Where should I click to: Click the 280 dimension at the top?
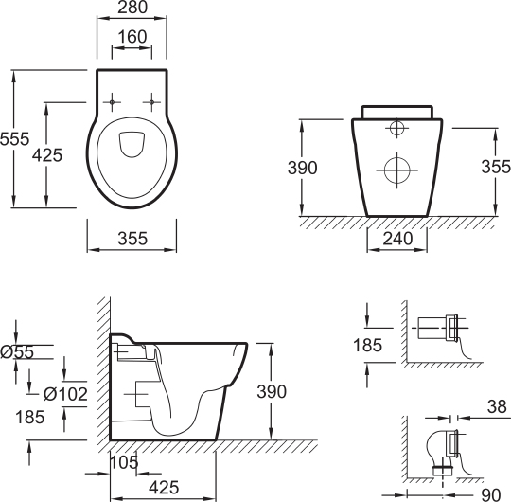pos(132,8)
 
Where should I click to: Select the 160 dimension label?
pos(132,37)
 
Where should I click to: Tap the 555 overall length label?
pos(14,139)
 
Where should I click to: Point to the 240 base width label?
pos(397,239)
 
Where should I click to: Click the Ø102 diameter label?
pos(65,394)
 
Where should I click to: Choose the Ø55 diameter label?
pos(17,352)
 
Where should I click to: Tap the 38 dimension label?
pos(497,406)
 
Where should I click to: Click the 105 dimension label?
pos(124,462)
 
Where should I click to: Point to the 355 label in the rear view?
pos(496,167)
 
